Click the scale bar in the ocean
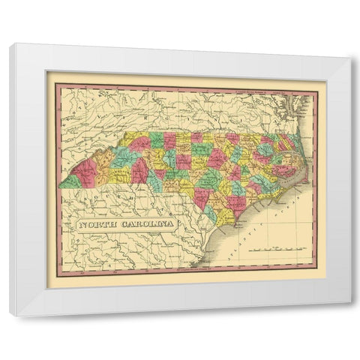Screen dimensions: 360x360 coord(278,246)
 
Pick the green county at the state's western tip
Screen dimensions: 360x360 coord(69,181)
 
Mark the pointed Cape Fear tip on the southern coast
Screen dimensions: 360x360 coord(234,223)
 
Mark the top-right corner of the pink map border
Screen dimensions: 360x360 coord(317,82)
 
